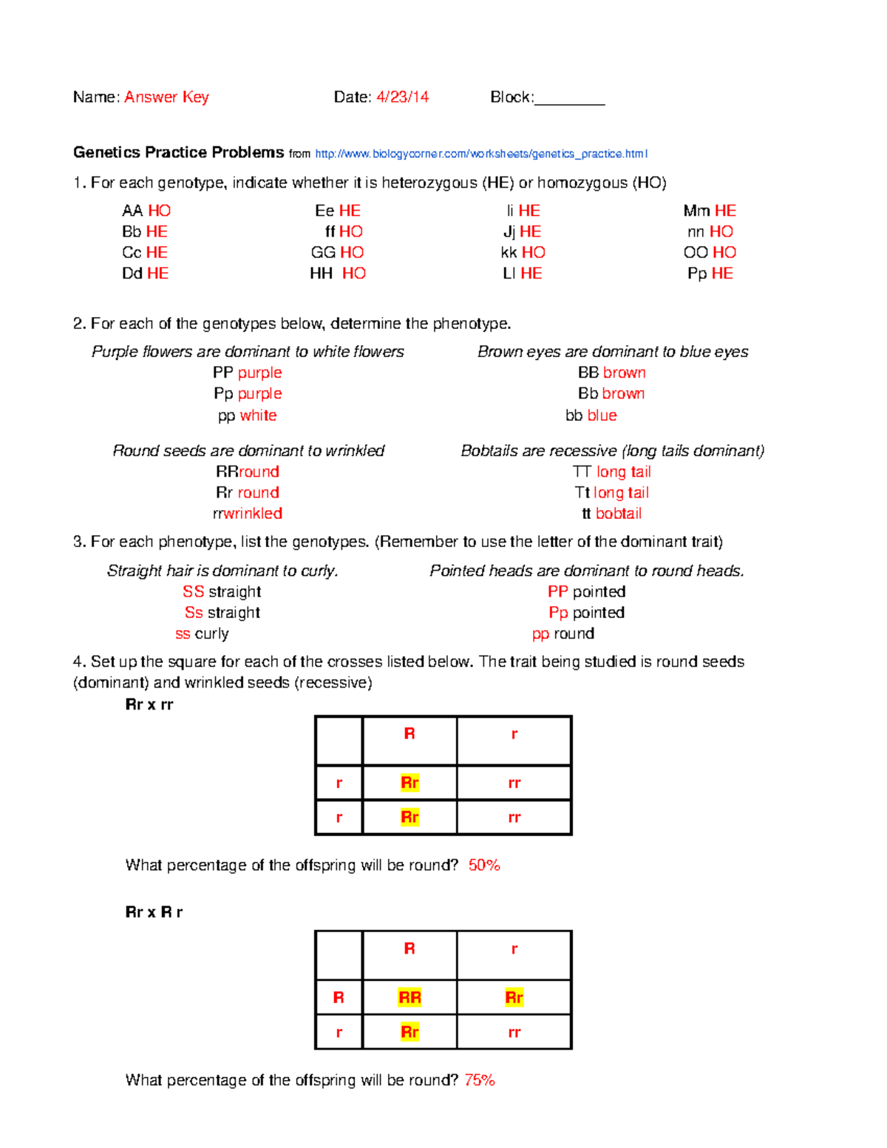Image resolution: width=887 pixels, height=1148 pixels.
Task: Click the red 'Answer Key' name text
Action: coord(166,97)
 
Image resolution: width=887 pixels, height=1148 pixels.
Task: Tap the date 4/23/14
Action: coord(402,97)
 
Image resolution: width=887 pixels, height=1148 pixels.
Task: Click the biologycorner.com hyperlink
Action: coord(481,154)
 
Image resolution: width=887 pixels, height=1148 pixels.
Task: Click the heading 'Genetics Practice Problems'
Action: coord(178,152)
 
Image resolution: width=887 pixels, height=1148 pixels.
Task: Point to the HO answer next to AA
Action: coord(159,211)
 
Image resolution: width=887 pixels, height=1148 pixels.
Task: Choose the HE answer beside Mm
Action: coord(725,211)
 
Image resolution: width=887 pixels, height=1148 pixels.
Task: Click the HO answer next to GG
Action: coord(352,252)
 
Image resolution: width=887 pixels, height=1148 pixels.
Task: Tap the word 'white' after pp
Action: coord(258,415)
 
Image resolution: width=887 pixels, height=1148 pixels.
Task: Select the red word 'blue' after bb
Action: coord(602,415)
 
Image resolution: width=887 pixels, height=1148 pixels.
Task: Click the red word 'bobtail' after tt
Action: coord(619,513)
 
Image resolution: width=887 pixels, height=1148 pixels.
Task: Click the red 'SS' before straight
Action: coord(193,591)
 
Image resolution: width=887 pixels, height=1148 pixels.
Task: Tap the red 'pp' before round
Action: coord(540,634)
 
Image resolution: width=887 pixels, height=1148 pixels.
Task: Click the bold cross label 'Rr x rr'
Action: coord(149,704)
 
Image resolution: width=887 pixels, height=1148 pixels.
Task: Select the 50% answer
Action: coord(484,865)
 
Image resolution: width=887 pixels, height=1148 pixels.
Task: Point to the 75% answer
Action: coord(480,1080)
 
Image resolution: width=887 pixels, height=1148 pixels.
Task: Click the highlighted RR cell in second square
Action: coord(409,997)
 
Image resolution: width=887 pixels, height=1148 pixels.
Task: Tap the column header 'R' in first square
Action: coord(409,733)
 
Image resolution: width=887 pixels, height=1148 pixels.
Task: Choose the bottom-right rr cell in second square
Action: coord(514,1032)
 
